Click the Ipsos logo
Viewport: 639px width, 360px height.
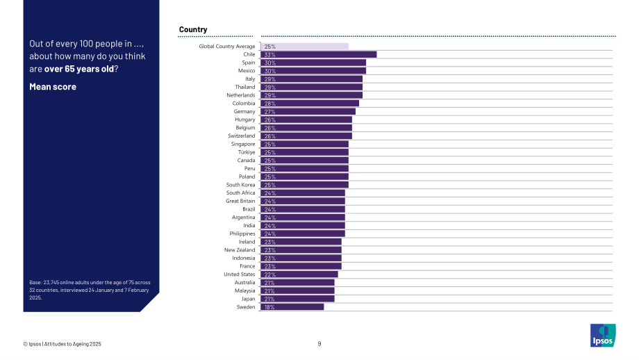pos(603,335)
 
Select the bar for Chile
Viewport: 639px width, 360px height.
pos(319,55)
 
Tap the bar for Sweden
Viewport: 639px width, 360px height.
pos(292,307)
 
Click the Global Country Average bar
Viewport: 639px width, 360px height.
pos(304,47)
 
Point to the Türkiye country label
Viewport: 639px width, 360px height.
pos(247,152)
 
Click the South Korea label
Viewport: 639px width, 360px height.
pos(240,185)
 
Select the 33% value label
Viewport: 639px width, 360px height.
pos(269,55)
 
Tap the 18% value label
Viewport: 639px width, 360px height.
pos(269,307)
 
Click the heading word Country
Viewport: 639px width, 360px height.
pos(193,29)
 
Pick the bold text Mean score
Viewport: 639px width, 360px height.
pos(53,86)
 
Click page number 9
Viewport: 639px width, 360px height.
pos(319,344)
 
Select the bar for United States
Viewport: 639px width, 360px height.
pos(299,275)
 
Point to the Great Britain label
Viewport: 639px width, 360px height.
pos(240,201)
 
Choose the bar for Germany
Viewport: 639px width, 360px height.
pos(308,112)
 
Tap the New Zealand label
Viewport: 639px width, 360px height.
pos(240,250)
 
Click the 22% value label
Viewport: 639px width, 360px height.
pos(269,275)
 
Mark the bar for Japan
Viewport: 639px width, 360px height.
pos(297,299)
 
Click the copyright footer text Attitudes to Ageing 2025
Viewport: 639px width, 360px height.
pos(72,344)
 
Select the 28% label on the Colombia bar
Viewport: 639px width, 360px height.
pos(269,104)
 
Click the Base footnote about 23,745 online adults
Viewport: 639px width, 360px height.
pos(90,290)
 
